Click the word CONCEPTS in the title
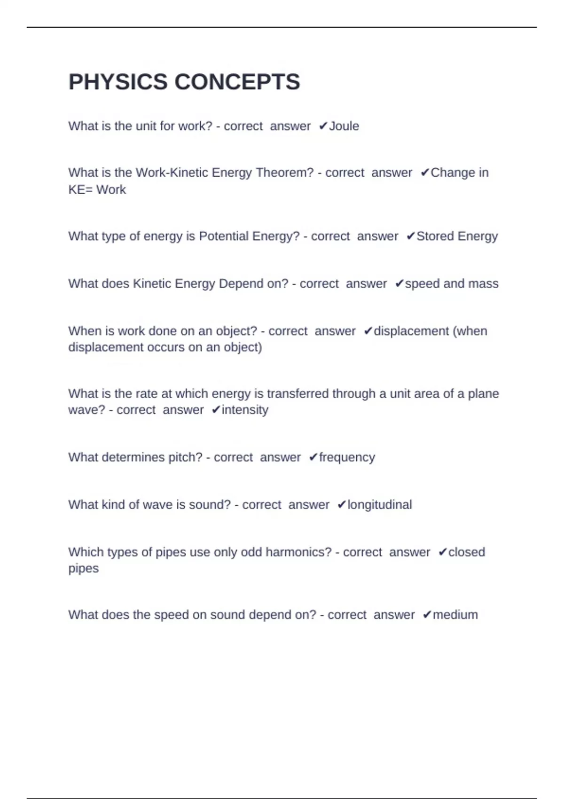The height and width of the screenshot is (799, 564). (237, 82)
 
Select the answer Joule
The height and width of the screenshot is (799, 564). (344, 126)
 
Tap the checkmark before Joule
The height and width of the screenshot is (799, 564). (323, 126)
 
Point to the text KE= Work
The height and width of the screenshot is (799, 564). (97, 189)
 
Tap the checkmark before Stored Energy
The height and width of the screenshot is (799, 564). (410, 236)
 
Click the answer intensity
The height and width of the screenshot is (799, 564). (245, 410)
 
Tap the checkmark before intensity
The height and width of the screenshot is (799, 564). (216, 410)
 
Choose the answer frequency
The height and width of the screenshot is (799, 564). (347, 457)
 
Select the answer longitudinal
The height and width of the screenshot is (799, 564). (379, 504)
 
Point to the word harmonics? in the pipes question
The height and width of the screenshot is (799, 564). (298, 552)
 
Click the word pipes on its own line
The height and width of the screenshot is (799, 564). (84, 568)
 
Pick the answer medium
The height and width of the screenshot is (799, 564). (455, 615)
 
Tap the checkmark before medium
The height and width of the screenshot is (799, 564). (427, 615)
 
